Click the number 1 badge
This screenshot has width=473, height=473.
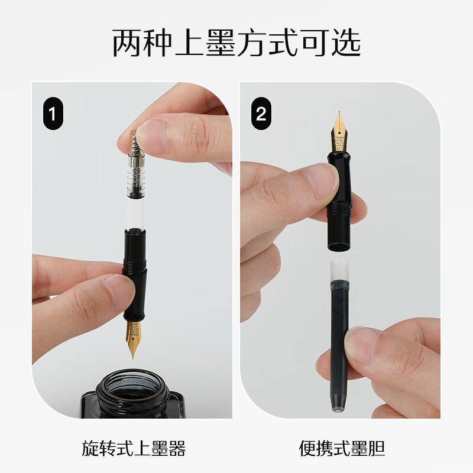53,114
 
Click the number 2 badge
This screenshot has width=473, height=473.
261,114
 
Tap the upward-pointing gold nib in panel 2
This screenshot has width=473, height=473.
339,132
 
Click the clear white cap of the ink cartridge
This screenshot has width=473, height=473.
339,270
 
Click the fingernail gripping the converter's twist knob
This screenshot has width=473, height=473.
153,137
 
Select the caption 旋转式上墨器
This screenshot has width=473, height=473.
134,448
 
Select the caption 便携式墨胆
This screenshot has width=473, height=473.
342,448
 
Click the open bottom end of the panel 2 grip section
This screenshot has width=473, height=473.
339,247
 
